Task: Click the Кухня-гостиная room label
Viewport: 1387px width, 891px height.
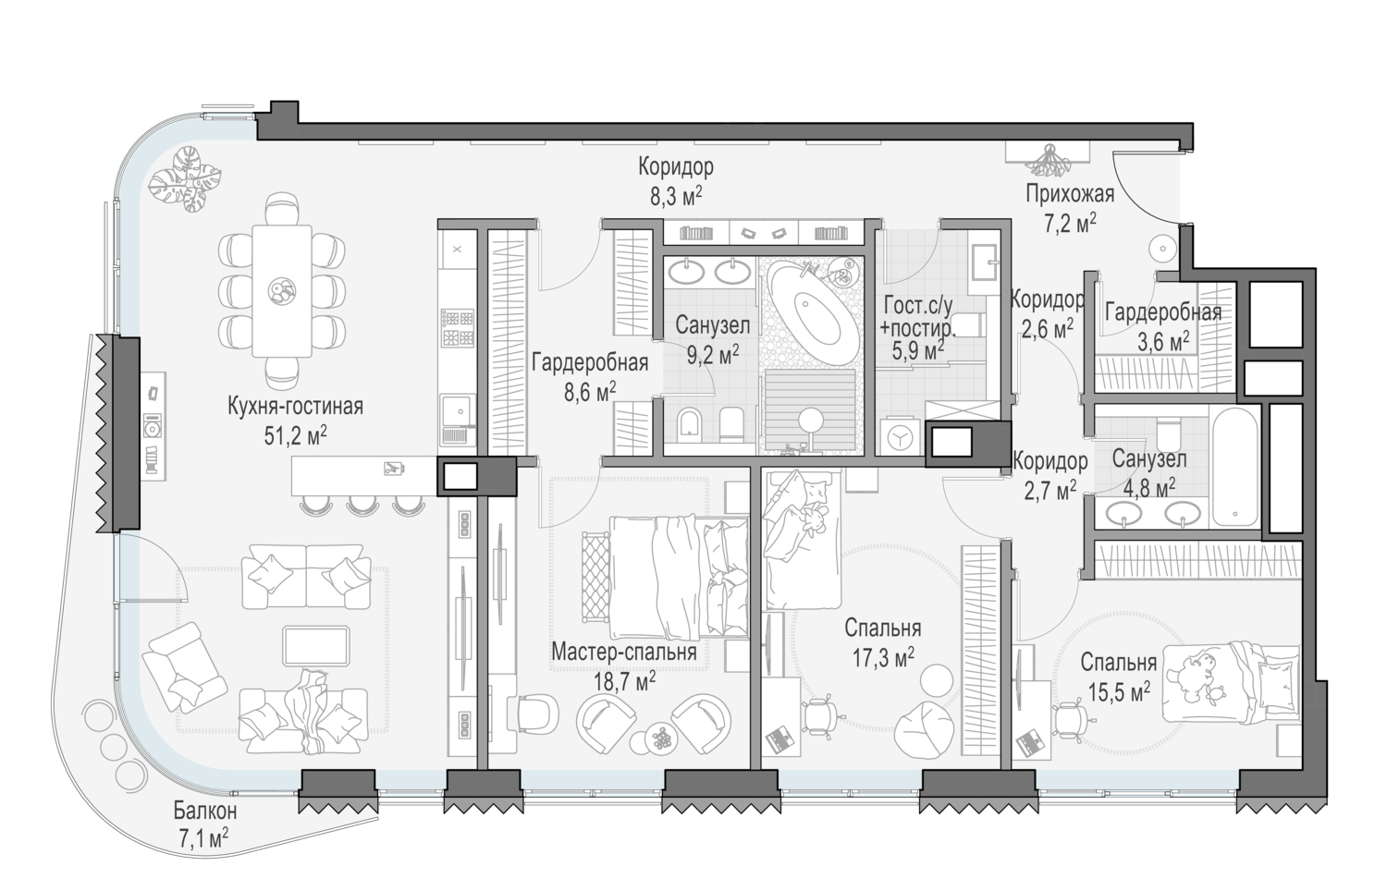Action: click(x=295, y=407)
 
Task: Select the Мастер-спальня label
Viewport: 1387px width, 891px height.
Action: click(x=624, y=652)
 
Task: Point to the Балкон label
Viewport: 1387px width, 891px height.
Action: click(x=205, y=810)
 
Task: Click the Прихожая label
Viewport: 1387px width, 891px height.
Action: click(x=1070, y=194)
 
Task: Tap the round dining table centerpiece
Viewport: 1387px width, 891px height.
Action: click(x=282, y=289)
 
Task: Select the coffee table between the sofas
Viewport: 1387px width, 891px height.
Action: click(x=316, y=645)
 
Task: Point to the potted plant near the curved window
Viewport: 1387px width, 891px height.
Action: click(x=186, y=179)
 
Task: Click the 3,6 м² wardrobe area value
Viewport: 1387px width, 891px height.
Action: click(x=1163, y=342)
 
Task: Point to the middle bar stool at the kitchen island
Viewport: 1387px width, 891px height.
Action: click(x=362, y=505)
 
